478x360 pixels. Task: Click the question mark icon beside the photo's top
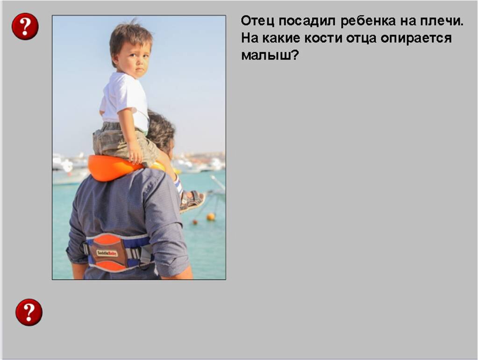click(25, 26)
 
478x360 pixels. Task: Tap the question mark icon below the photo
click(29, 312)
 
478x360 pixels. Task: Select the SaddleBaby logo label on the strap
click(107, 253)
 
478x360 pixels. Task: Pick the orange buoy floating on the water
click(211, 216)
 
